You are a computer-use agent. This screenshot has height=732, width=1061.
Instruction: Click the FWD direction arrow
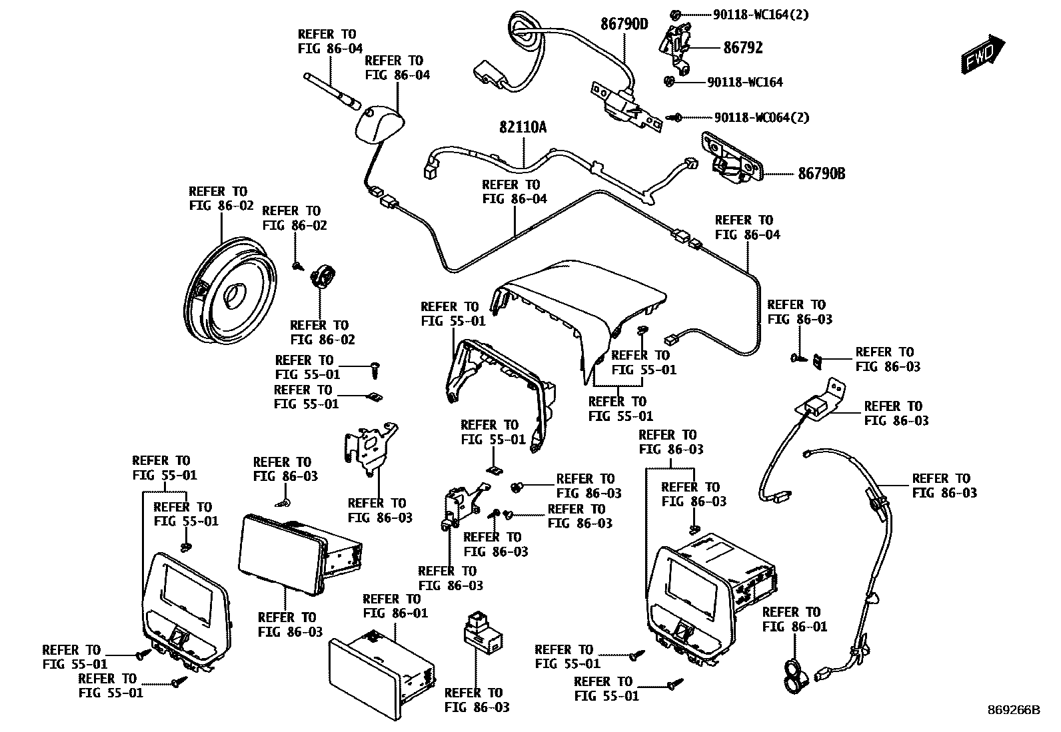[x=982, y=53]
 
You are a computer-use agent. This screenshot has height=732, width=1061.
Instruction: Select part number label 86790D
[x=624, y=25]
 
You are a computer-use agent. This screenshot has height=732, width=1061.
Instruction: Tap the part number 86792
[x=743, y=48]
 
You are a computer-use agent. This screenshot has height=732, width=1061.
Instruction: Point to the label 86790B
[x=821, y=174]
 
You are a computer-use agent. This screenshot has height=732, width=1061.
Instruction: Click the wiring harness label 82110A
[x=523, y=127]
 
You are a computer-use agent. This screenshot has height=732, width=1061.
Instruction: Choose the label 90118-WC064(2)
[x=761, y=118]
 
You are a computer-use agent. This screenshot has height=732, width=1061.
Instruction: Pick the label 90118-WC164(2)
[x=760, y=14]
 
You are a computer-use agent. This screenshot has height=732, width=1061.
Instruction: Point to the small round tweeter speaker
[x=324, y=275]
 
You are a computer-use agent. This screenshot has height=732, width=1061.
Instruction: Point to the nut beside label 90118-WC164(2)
[x=675, y=14]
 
